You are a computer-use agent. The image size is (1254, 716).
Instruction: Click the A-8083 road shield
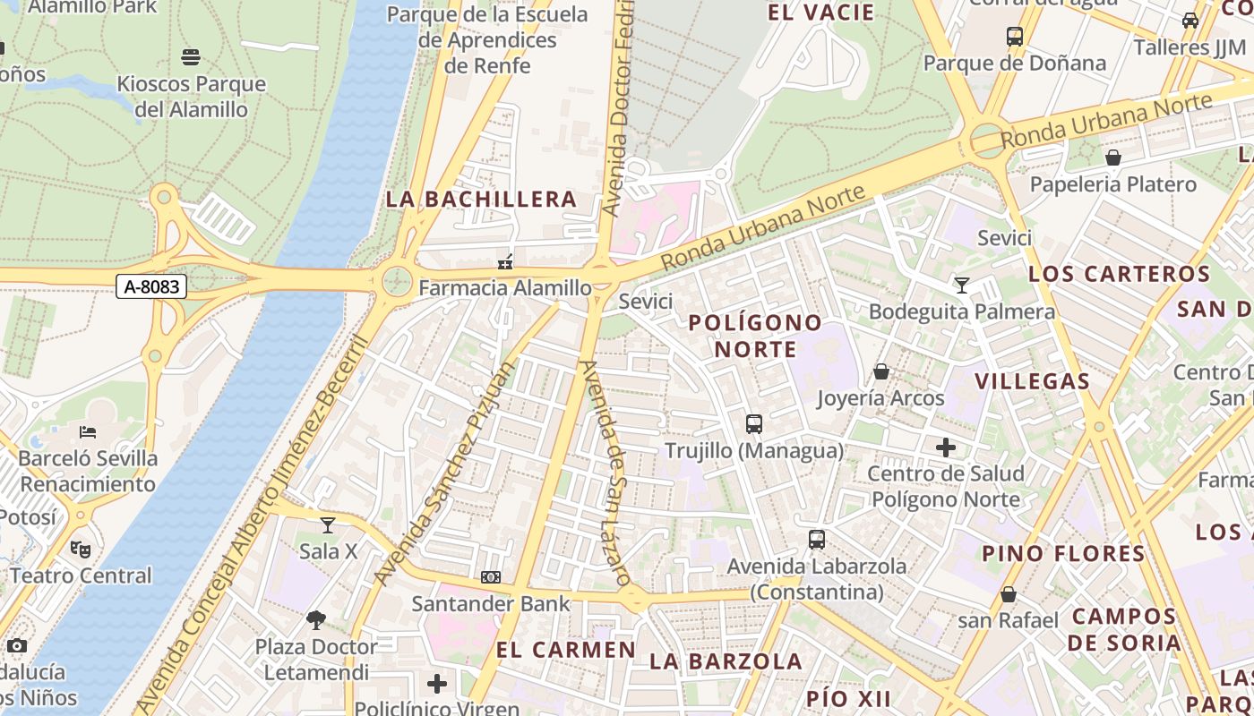(x=152, y=287)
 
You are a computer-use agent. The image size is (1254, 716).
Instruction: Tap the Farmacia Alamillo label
(x=505, y=288)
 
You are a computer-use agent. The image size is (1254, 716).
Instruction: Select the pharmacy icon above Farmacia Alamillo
(x=506, y=262)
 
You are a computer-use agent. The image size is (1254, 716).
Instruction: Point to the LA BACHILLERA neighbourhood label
(x=481, y=199)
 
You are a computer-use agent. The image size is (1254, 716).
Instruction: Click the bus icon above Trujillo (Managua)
(x=754, y=424)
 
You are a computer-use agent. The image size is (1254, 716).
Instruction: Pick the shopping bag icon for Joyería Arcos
(x=881, y=371)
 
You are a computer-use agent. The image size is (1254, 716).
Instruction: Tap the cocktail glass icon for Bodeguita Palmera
(x=962, y=286)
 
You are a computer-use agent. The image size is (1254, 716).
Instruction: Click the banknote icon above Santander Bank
(x=491, y=577)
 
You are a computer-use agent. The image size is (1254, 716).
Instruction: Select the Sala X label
(x=329, y=551)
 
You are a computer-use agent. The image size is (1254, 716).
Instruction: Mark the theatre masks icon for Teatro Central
(x=81, y=549)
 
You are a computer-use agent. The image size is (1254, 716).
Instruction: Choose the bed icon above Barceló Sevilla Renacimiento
(x=88, y=432)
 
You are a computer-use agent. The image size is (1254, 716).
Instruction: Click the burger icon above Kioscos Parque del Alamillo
(x=190, y=57)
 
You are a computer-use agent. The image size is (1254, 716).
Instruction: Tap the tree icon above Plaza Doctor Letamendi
(x=315, y=619)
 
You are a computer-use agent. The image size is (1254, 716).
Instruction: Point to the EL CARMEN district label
(x=566, y=650)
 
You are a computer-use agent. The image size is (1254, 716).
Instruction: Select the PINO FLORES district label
(x=1063, y=553)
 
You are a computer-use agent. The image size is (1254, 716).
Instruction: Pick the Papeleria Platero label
(x=1112, y=184)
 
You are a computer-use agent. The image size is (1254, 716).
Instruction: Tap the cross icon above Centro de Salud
(x=946, y=447)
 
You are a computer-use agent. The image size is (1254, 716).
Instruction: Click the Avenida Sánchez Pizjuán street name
(x=446, y=473)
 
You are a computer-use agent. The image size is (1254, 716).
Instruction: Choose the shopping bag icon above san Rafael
(x=1009, y=594)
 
